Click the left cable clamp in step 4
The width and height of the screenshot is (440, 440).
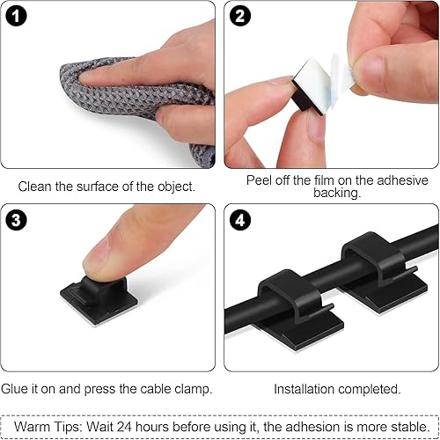(286, 304)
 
